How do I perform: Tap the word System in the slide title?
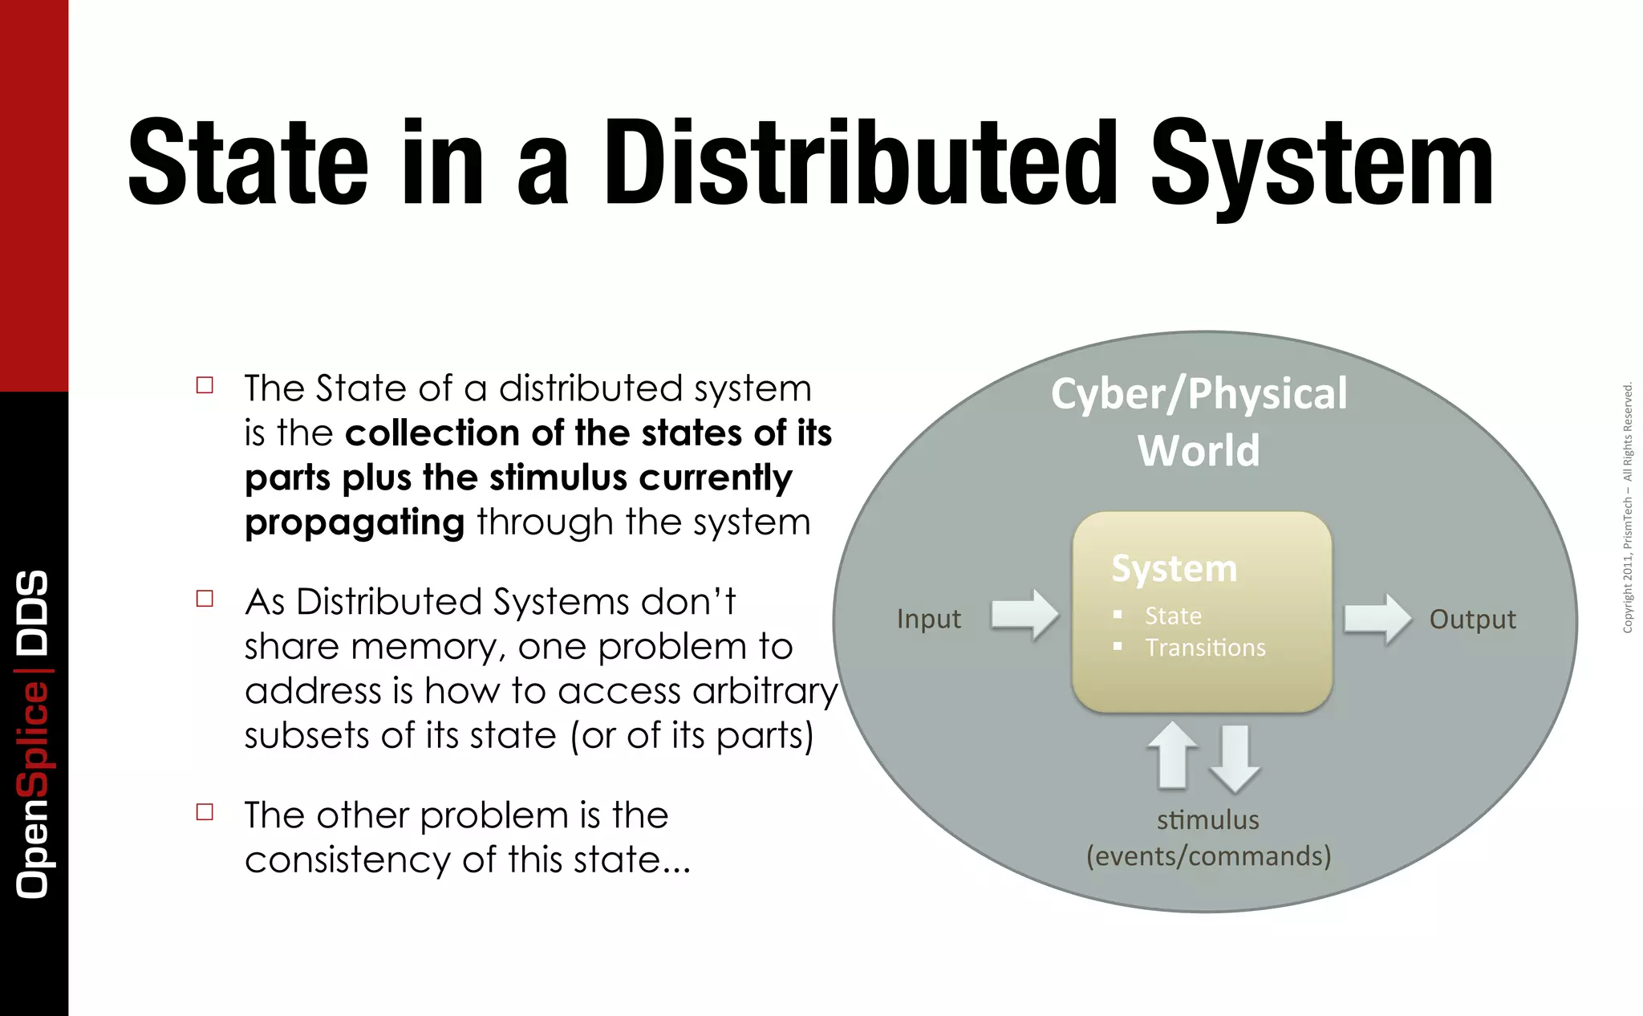1321,165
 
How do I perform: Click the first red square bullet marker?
205,385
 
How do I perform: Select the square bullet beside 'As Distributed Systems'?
205,599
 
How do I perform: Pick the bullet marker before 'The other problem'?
205,812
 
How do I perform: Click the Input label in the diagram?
928,619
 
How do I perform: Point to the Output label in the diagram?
1472,619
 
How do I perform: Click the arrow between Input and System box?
1024,616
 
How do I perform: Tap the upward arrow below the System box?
1172,754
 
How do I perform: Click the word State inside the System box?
1173,616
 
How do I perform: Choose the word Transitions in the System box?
1205,648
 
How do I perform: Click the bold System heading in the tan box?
1174,568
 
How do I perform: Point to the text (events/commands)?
1208,856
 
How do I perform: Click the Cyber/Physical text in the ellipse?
1199,394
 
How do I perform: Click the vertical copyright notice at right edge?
1628,507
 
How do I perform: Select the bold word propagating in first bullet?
354,522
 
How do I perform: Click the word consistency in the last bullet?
347,860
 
